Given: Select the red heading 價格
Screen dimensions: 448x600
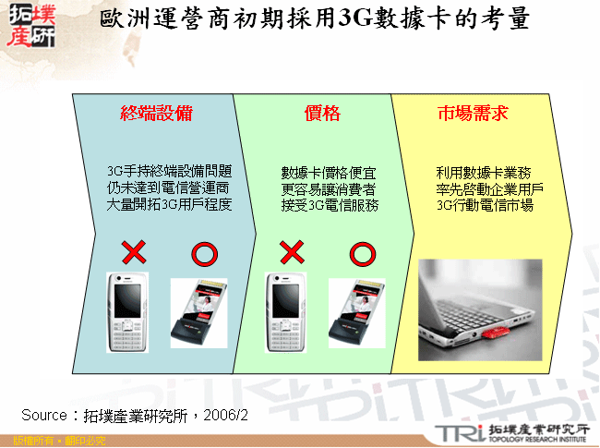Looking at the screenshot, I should [322, 114].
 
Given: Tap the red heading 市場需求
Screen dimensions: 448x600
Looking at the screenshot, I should [472, 114].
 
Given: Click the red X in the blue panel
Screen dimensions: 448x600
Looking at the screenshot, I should [133, 252].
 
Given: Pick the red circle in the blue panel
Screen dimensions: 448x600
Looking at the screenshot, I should [203, 252].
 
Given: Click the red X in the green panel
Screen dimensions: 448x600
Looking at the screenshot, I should [291, 252].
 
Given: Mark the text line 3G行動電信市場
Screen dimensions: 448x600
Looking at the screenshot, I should [485, 206].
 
